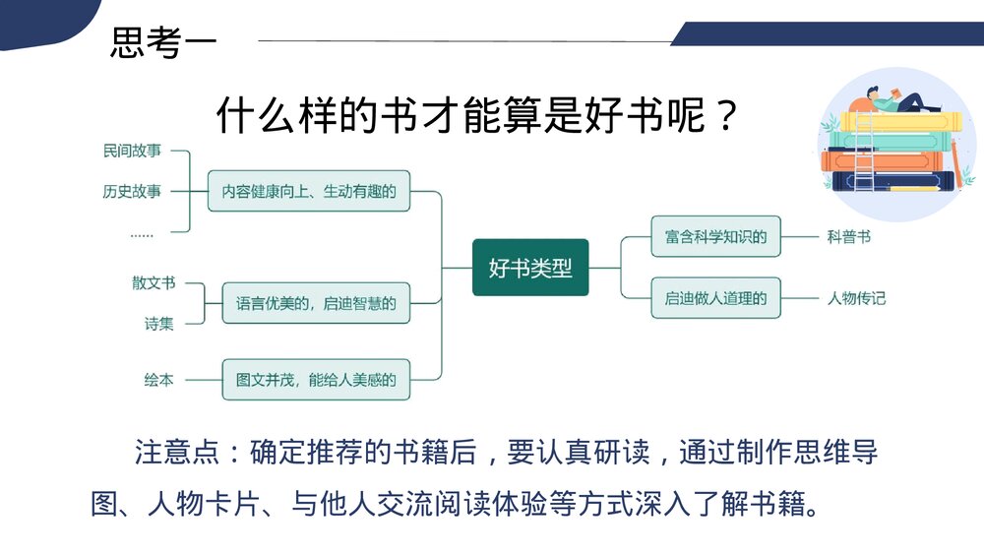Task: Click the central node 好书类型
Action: point(530,267)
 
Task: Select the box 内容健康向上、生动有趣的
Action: point(308,191)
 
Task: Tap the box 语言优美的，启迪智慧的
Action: point(315,304)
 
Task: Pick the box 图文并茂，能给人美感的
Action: point(315,379)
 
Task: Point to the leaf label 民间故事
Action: point(131,151)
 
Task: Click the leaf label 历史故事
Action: point(131,191)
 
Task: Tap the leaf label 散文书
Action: point(154,282)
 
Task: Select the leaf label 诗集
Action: point(158,323)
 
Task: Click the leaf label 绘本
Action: point(158,379)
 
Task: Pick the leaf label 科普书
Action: point(848,236)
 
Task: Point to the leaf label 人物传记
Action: point(856,297)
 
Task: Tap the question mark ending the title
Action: point(727,116)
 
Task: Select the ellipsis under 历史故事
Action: point(142,233)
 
